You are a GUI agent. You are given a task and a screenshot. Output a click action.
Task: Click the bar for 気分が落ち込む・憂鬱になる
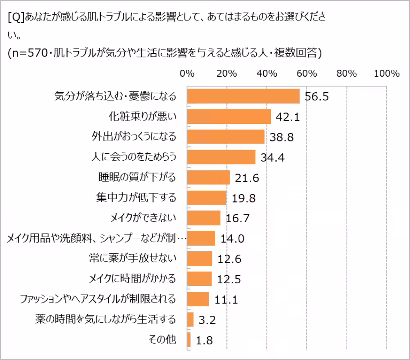click(x=243, y=96)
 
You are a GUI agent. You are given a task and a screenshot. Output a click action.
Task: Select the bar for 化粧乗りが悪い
click(x=229, y=117)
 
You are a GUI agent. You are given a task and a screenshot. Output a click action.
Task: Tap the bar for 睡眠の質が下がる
click(x=208, y=178)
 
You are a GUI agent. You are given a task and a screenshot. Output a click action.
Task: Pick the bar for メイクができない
click(x=203, y=218)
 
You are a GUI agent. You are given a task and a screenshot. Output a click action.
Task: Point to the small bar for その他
click(x=189, y=339)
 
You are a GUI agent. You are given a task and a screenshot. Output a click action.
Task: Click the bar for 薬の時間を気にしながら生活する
click(x=190, y=319)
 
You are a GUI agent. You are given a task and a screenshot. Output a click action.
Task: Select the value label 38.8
click(x=282, y=137)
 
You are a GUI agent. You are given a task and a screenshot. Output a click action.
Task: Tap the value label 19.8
click(x=244, y=198)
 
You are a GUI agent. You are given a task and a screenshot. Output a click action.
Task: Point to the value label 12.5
click(x=229, y=280)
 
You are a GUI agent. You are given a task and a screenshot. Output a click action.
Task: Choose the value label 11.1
click(x=226, y=300)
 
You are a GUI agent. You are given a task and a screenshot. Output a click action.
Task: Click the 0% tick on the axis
click(x=187, y=74)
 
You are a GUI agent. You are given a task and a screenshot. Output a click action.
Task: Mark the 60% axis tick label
click(x=307, y=74)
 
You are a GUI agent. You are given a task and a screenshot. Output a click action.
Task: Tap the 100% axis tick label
click(x=386, y=74)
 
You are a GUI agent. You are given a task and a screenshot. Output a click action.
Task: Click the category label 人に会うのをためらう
click(x=133, y=157)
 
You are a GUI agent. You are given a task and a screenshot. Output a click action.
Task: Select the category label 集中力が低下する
click(x=135, y=198)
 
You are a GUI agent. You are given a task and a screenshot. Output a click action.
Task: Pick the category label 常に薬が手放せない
click(x=132, y=258)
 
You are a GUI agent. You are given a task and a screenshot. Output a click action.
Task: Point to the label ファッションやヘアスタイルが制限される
click(x=98, y=299)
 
